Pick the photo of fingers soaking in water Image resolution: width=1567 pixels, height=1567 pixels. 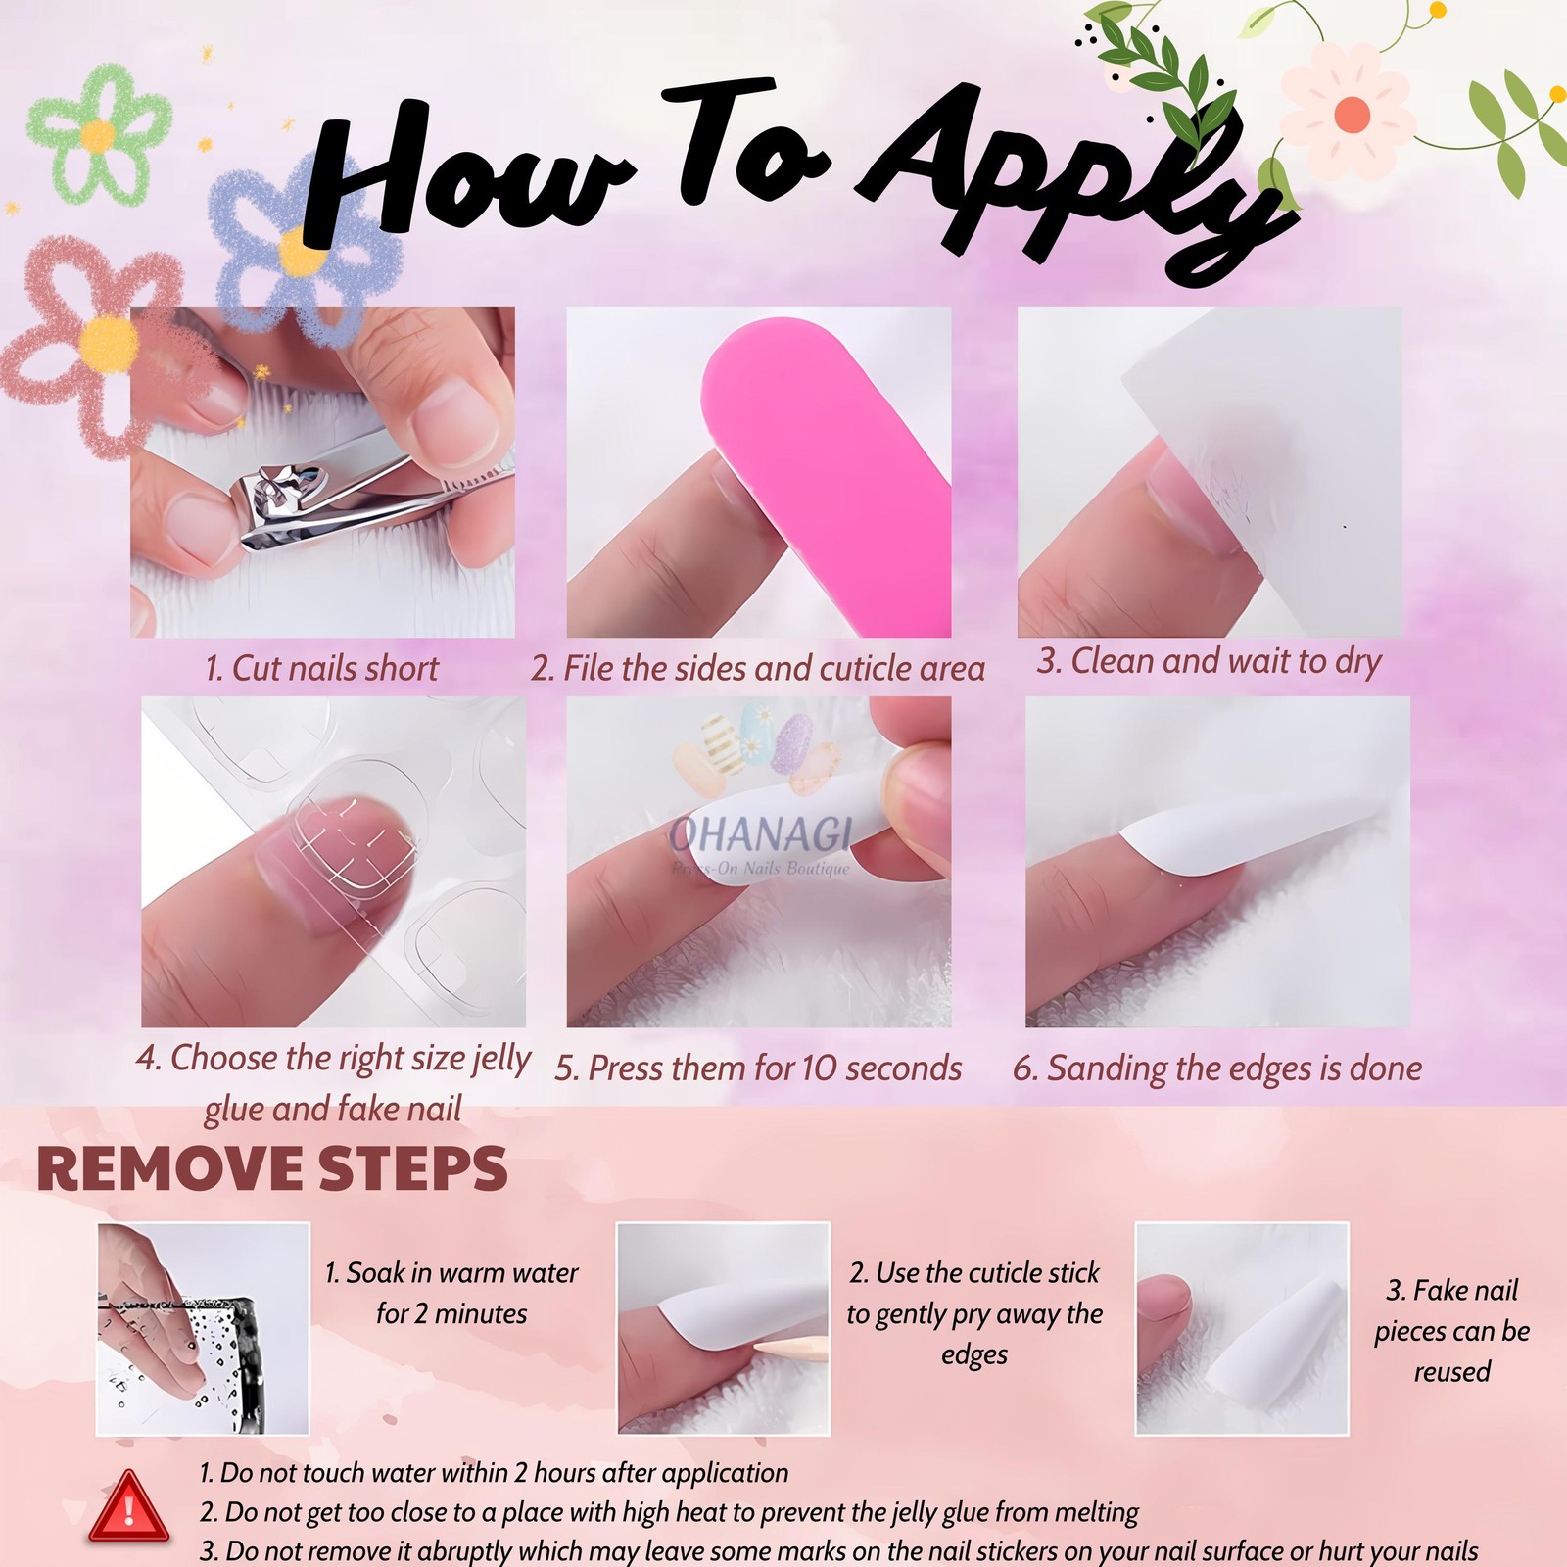pyautogui.click(x=203, y=1328)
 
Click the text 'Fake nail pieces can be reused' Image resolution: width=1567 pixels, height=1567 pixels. pyautogui.click(x=1451, y=1330)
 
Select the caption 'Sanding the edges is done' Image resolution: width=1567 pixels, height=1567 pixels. pyautogui.click(x=1217, y=1068)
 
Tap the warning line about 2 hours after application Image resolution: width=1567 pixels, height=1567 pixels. pyautogui.click(x=494, y=1473)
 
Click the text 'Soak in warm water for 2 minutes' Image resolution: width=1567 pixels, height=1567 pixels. pyautogui.click(x=451, y=1293)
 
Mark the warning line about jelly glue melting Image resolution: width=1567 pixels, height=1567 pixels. pyautogui.click(x=669, y=1513)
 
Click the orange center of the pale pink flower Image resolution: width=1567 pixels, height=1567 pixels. pyautogui.click(x=1352, y=115)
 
